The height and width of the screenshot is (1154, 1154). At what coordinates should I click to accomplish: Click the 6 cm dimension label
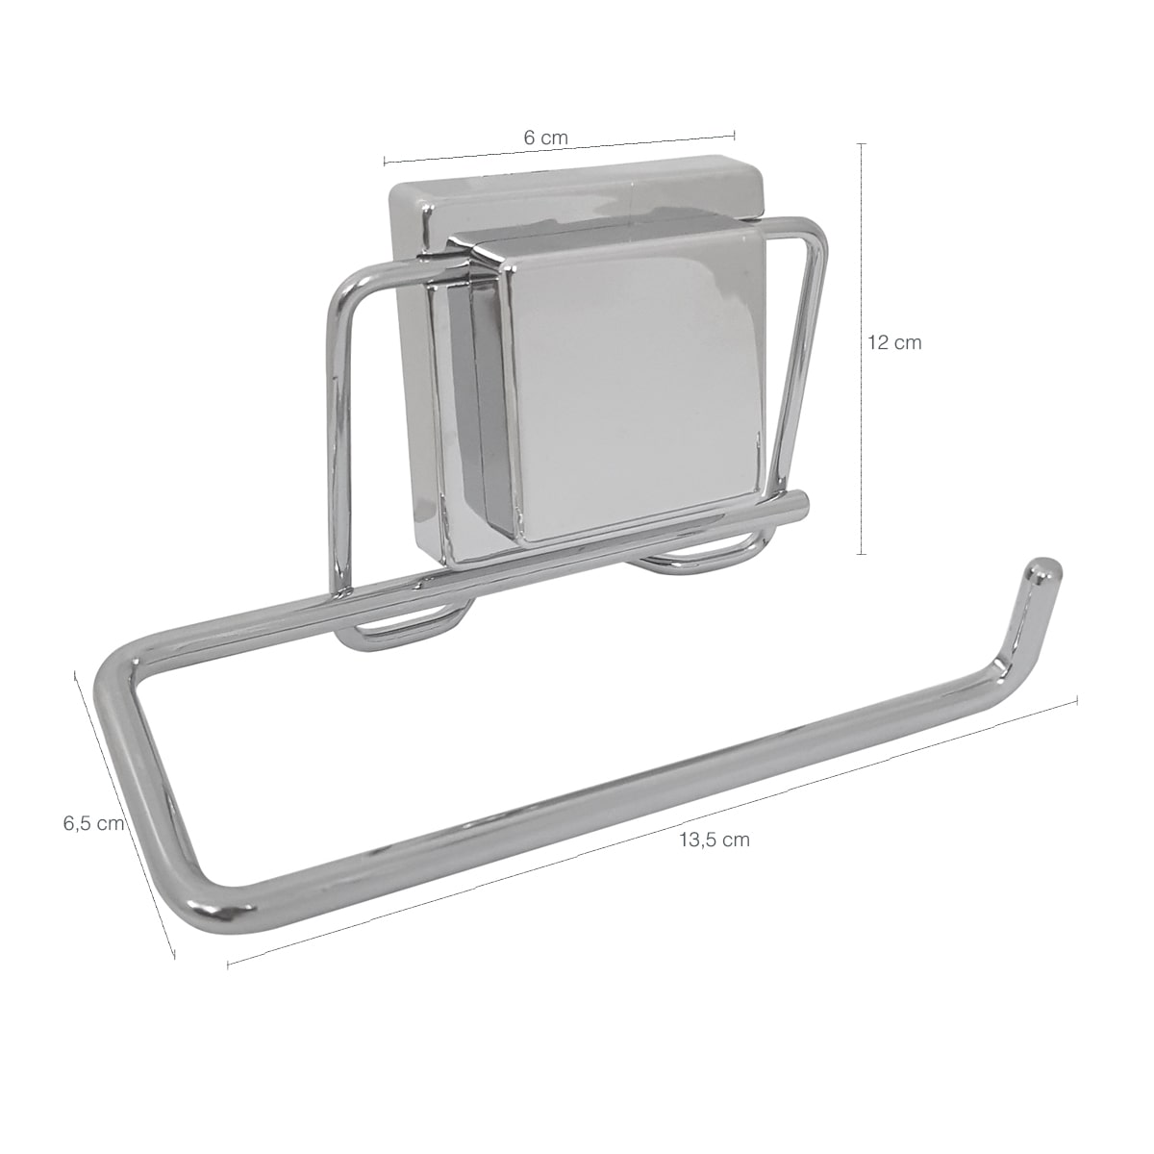click(545, 138)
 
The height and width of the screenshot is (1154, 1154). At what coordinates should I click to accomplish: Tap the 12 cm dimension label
click(894, 342)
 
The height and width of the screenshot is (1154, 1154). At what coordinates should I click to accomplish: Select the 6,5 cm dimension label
click(94, 823)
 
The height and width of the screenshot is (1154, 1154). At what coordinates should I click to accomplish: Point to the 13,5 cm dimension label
click(715, 840)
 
